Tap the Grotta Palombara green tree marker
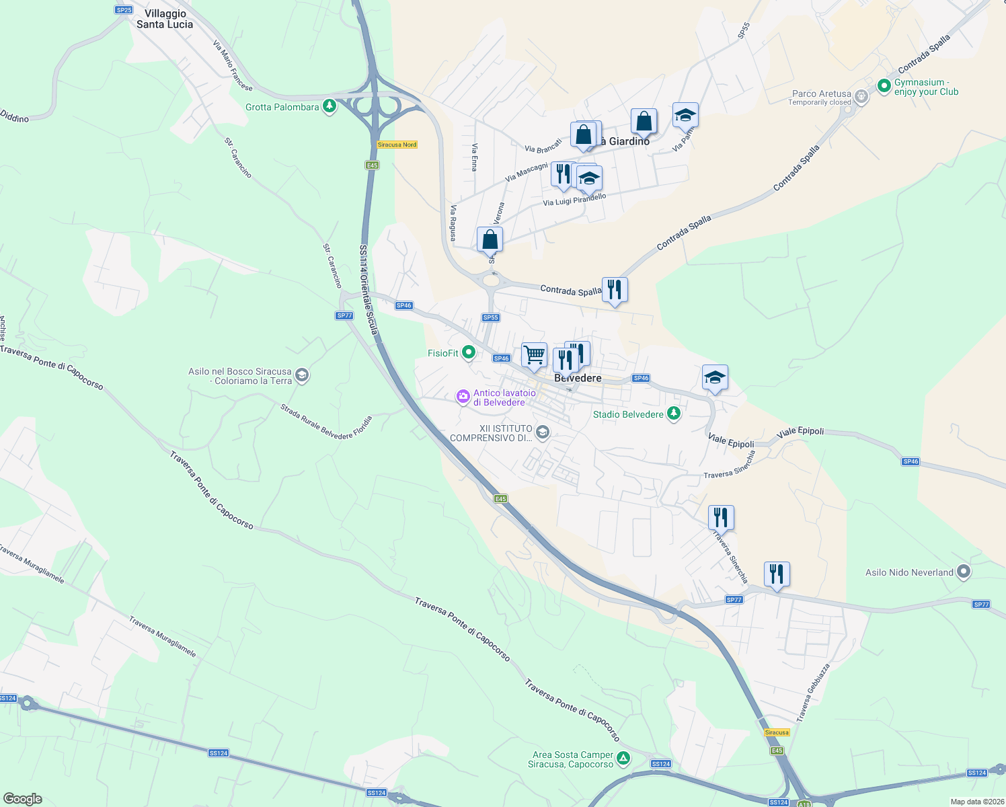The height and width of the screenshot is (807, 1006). pyautogui.click(x=329, y=106)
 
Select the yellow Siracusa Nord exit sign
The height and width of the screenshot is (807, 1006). pyautogui.click(x=397, y=145)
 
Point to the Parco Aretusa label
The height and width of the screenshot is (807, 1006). pyautogui.click(x=821, y=94)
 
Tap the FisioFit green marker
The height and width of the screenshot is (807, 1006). pyautogui.click(x=469, y=352)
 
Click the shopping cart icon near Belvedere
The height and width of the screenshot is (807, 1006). pyautogui.click(x=535, y=354)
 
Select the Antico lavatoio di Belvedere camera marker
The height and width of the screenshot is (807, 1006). pyautogui.click(x=463, y=397)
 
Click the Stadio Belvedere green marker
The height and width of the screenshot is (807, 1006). pyautogui.click(x=673, y=414)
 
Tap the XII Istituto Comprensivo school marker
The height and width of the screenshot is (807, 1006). pyautogui.click(x=543, y=432)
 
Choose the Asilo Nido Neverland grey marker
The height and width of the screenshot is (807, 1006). pyautogui.click(x=964, y=572)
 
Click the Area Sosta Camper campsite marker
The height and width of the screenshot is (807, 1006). pyautogui.click(x=623, y=758)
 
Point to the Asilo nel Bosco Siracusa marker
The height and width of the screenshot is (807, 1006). pyautogui.click(x=302, y=375)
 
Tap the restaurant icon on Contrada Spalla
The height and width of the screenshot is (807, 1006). pyautogui.click(x=615, y=289)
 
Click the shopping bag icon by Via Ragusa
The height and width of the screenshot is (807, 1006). pyautogui.click(x=490, y=239)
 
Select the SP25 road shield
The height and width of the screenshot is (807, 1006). pyautogui.click(x=124, y=10)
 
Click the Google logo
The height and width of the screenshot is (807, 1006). pyautogui.click(x=23, y=799)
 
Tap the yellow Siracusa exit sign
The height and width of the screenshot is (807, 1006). pyautogui.click(x=777, y=732)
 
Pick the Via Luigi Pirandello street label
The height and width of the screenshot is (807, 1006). pyautogui.click(x=574, y=200)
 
